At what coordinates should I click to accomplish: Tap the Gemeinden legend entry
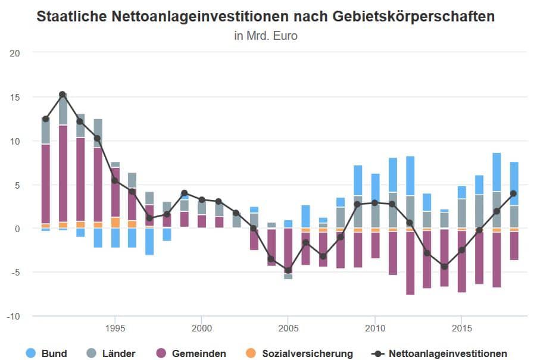tap(192, 353)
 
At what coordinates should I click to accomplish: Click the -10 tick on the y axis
tap(14, 316)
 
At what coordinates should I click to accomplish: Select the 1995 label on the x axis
tap(115, 328)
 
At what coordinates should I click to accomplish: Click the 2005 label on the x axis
tap(288, 328)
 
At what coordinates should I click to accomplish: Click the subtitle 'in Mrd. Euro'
tap(266, 36)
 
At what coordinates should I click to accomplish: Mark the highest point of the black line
tap(63, 94)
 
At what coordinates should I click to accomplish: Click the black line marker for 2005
tap(288, 270)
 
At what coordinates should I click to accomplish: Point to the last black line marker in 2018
tap(513, 193)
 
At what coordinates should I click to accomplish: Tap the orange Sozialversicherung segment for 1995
tap(115, 222)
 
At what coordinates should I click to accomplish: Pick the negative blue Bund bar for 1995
tap(115, 238)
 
